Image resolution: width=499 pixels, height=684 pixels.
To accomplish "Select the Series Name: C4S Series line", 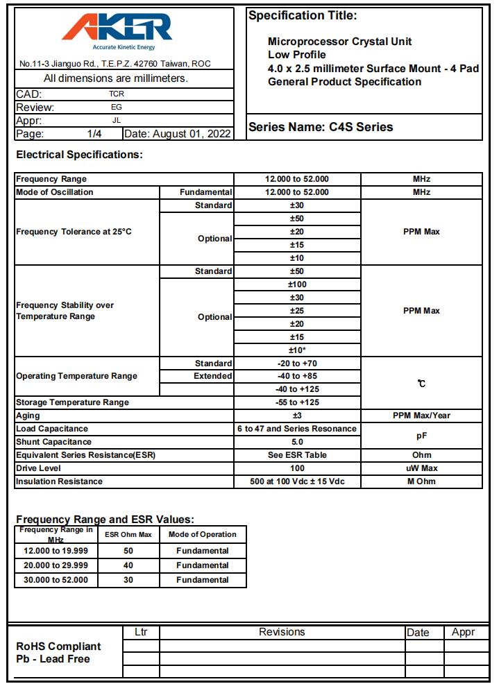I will coord(321,127).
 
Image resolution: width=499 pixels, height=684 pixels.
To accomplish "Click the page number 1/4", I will coord(94,134).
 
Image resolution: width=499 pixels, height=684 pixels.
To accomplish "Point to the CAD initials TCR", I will coord(116,94).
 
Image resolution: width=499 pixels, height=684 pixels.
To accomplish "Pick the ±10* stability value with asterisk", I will coord(297,350).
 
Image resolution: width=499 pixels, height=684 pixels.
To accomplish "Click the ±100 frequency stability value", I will coord(297,284).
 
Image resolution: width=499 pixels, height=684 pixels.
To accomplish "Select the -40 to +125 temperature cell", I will coord(297,389).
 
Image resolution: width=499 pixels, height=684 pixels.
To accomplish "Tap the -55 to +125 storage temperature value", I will coord(297,402).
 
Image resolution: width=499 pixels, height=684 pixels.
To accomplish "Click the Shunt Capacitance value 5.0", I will coord(297,442).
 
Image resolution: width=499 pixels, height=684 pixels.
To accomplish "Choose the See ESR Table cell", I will coord(297,455).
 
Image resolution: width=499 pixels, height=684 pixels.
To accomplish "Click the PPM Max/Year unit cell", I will coord(421,416).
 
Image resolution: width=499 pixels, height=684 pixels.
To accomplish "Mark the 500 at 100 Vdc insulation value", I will coord(297,481).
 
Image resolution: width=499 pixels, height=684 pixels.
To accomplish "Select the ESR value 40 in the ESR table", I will coord(128,565).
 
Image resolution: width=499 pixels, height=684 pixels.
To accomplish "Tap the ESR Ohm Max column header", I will coord(128,535).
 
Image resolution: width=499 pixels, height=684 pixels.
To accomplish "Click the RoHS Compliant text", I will coord(58,647).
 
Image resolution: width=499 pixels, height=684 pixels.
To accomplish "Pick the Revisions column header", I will coord(282,632).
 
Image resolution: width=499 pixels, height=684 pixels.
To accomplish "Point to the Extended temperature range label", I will coord(213,376).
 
